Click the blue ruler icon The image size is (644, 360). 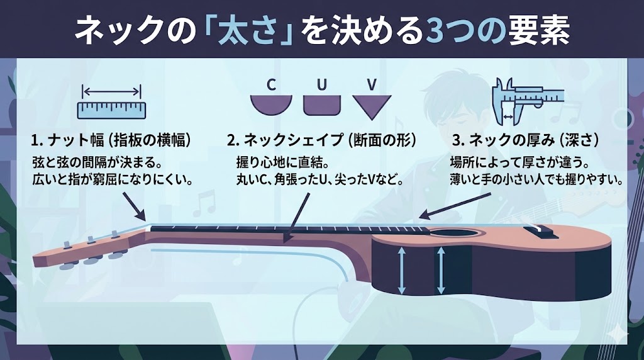click(112, 111)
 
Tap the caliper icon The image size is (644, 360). click(528, 101)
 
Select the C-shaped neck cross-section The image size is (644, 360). click(272, 106)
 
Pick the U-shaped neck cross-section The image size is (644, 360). click(322, 105)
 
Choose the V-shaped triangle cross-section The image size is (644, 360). click(372, 107)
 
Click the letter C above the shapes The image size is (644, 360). click(271, 85)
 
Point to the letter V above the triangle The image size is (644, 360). click(372, 85)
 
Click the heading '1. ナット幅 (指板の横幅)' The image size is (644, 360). click(111, 140)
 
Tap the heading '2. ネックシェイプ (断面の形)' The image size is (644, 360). click(321, 140)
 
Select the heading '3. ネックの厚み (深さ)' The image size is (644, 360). click(525, 140)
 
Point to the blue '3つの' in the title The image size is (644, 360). click(465, 31)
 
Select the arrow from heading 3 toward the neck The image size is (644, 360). click(455, 206)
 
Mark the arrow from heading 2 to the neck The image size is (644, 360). click(297, 217)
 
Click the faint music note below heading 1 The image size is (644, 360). click(204, 203)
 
